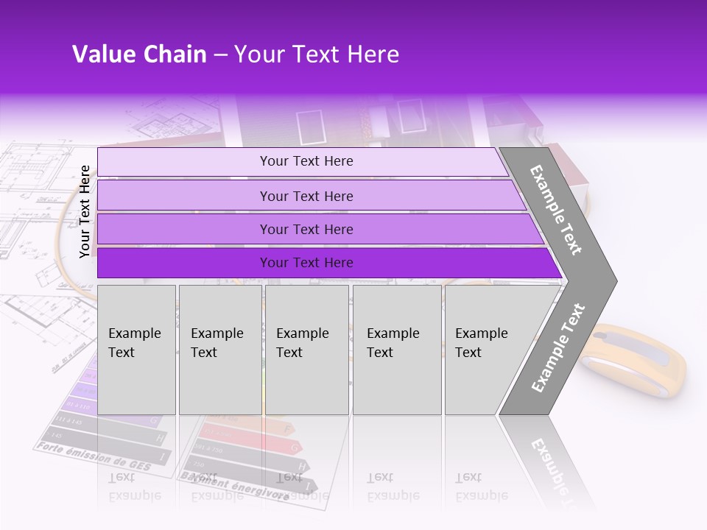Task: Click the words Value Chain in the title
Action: coord(139,54)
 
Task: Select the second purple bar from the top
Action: coord(306,196)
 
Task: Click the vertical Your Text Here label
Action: coord(85,211)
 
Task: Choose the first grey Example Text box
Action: coord(136,350)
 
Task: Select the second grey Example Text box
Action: coord(219,350)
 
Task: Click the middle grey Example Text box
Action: coord(306,350)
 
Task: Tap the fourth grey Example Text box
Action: coord(396,350)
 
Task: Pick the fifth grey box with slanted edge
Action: coord(486,350)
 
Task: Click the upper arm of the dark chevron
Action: coord(557,209)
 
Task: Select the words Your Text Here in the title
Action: coord(317,54)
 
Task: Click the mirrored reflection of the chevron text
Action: coord(549,460)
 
